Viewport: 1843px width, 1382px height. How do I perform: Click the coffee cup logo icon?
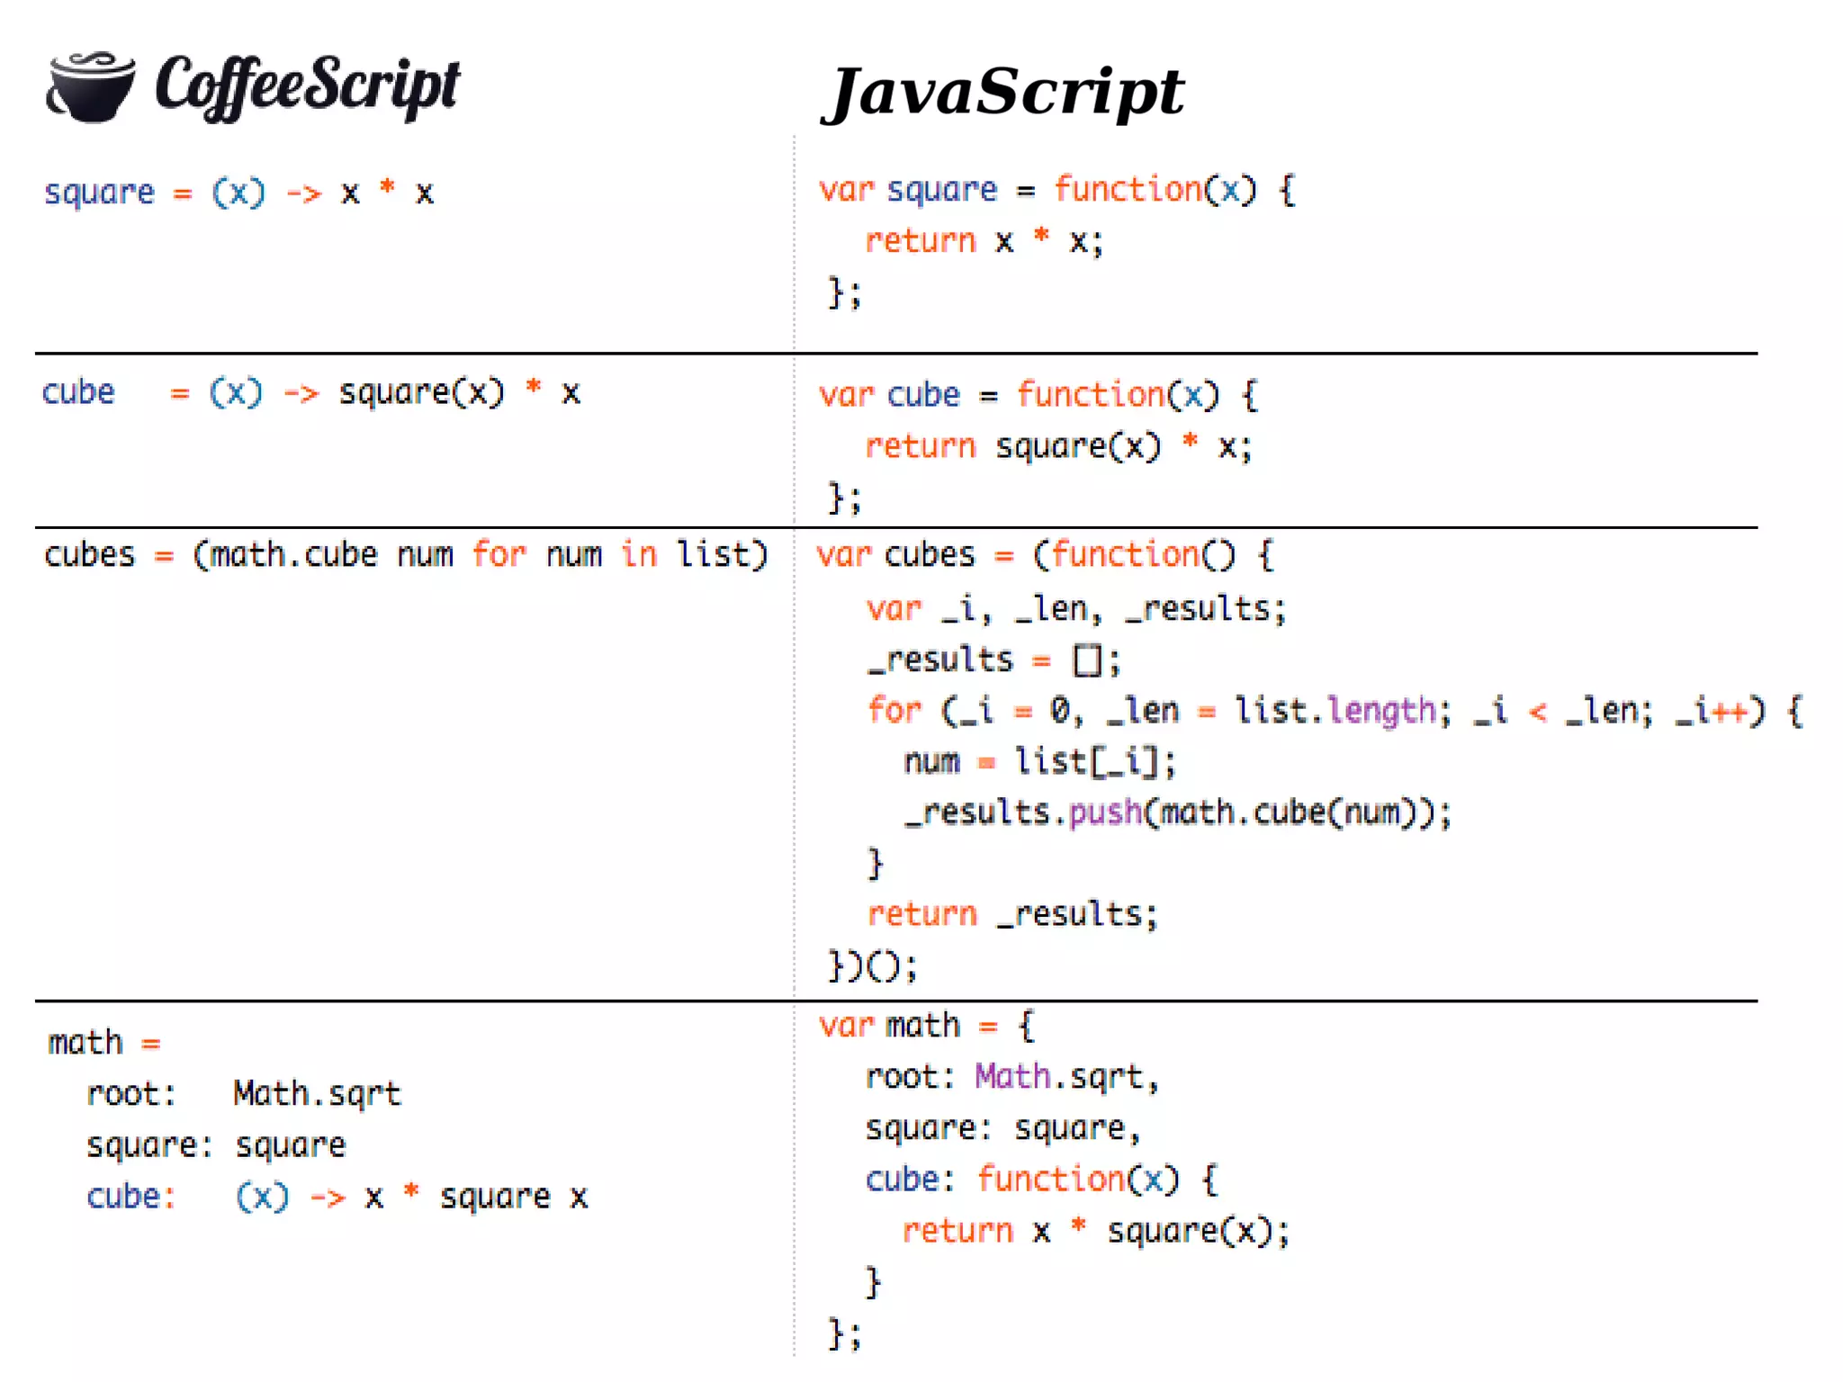tap(90, 86)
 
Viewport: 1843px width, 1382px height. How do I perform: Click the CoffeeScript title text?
tap(307, 86)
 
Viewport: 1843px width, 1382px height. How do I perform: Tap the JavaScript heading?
tap(1002, 92)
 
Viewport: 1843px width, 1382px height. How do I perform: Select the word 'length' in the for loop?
tap(1381, 711)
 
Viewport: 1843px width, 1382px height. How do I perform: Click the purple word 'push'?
tap(1105, 812)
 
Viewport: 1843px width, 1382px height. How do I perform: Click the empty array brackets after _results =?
tap(1087, 660)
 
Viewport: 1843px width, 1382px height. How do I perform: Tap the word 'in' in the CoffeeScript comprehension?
tap(639, 554)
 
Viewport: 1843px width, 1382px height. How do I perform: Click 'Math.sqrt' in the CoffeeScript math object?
tap(317, 1094)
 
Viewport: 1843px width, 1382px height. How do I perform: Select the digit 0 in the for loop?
tap(1061, 711)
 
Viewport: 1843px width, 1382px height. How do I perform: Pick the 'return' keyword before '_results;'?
tap(921, 914)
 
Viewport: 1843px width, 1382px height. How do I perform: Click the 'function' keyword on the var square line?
tap(1128, 190)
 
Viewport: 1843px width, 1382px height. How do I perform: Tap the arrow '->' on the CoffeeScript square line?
tap(303, 193)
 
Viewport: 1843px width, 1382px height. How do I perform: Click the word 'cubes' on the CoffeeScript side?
tap(89, 555)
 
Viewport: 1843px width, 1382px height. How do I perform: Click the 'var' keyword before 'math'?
tap(846, 1026)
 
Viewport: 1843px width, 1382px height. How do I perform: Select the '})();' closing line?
tap(872, 966)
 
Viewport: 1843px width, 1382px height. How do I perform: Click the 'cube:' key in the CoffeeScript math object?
tap(130, 1197)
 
